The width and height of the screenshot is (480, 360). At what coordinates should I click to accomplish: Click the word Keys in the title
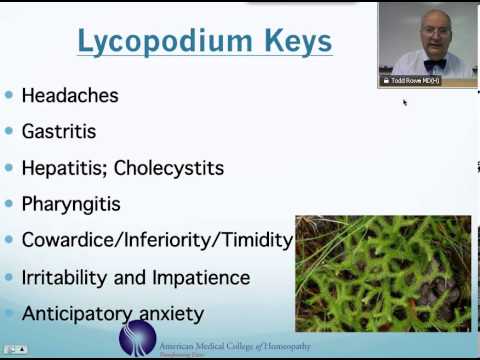[296, 42]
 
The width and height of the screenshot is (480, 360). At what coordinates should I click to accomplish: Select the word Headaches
[70, 96]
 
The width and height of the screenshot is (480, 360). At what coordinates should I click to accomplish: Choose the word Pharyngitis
[71, 204]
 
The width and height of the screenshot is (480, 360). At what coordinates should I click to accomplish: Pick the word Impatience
[199, 277]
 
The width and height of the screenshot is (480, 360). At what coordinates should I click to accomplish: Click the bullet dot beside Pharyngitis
[9, 204]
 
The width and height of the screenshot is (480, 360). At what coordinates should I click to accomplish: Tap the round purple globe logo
[138, 338]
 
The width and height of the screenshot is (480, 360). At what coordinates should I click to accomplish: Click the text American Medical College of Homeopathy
[235, 346]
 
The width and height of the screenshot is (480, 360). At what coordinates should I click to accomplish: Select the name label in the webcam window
[411, 80]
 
